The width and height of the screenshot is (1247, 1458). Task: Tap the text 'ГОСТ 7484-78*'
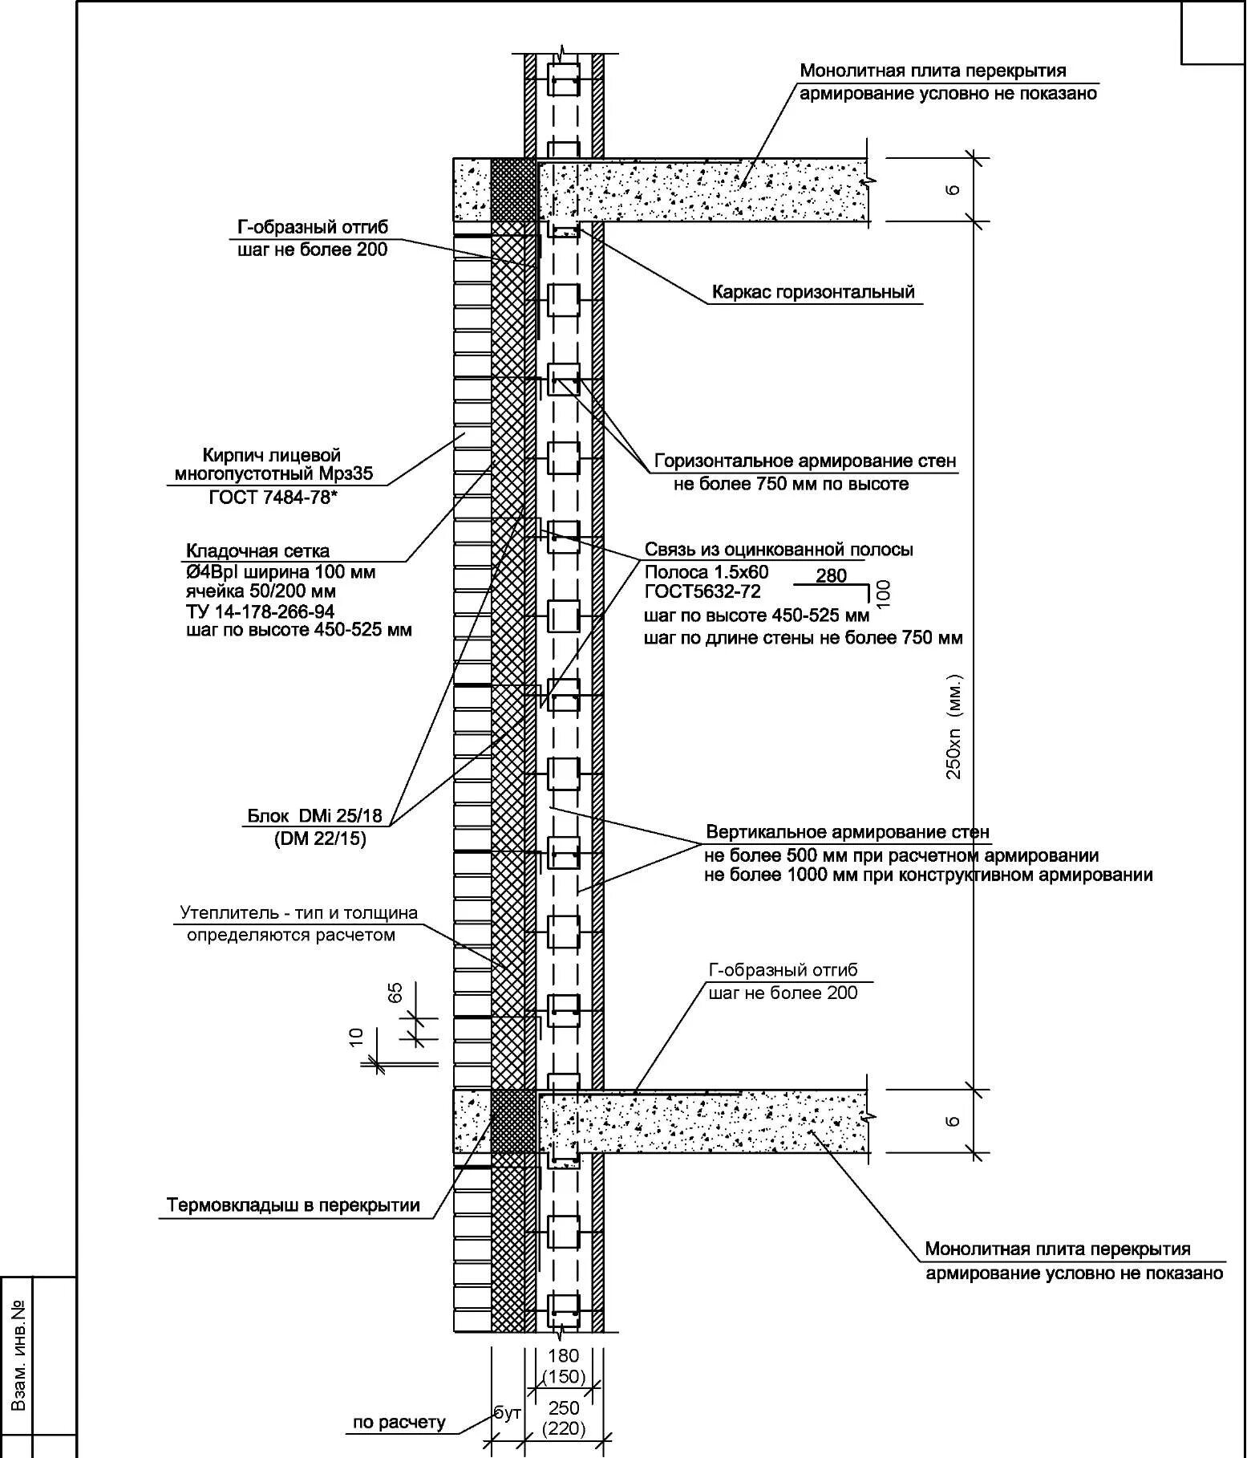273,498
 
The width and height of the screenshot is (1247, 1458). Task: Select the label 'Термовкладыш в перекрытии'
294,1205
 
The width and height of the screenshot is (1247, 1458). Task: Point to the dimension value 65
395,993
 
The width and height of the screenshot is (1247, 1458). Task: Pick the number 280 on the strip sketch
831,575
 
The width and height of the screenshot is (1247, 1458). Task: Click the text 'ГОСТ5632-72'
702,592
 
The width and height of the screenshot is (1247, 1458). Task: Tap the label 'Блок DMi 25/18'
315,816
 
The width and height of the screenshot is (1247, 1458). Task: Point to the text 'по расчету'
399,1422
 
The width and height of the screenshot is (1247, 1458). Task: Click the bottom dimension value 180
563,1355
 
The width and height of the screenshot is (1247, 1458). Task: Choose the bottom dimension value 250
564,1407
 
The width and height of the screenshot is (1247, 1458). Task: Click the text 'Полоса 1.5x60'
706,572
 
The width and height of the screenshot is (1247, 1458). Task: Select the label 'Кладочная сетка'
257,551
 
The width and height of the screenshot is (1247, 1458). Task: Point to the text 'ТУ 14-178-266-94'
260,611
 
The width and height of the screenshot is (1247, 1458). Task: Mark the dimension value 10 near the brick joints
357,1036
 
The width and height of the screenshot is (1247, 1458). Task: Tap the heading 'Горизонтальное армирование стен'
805,461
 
